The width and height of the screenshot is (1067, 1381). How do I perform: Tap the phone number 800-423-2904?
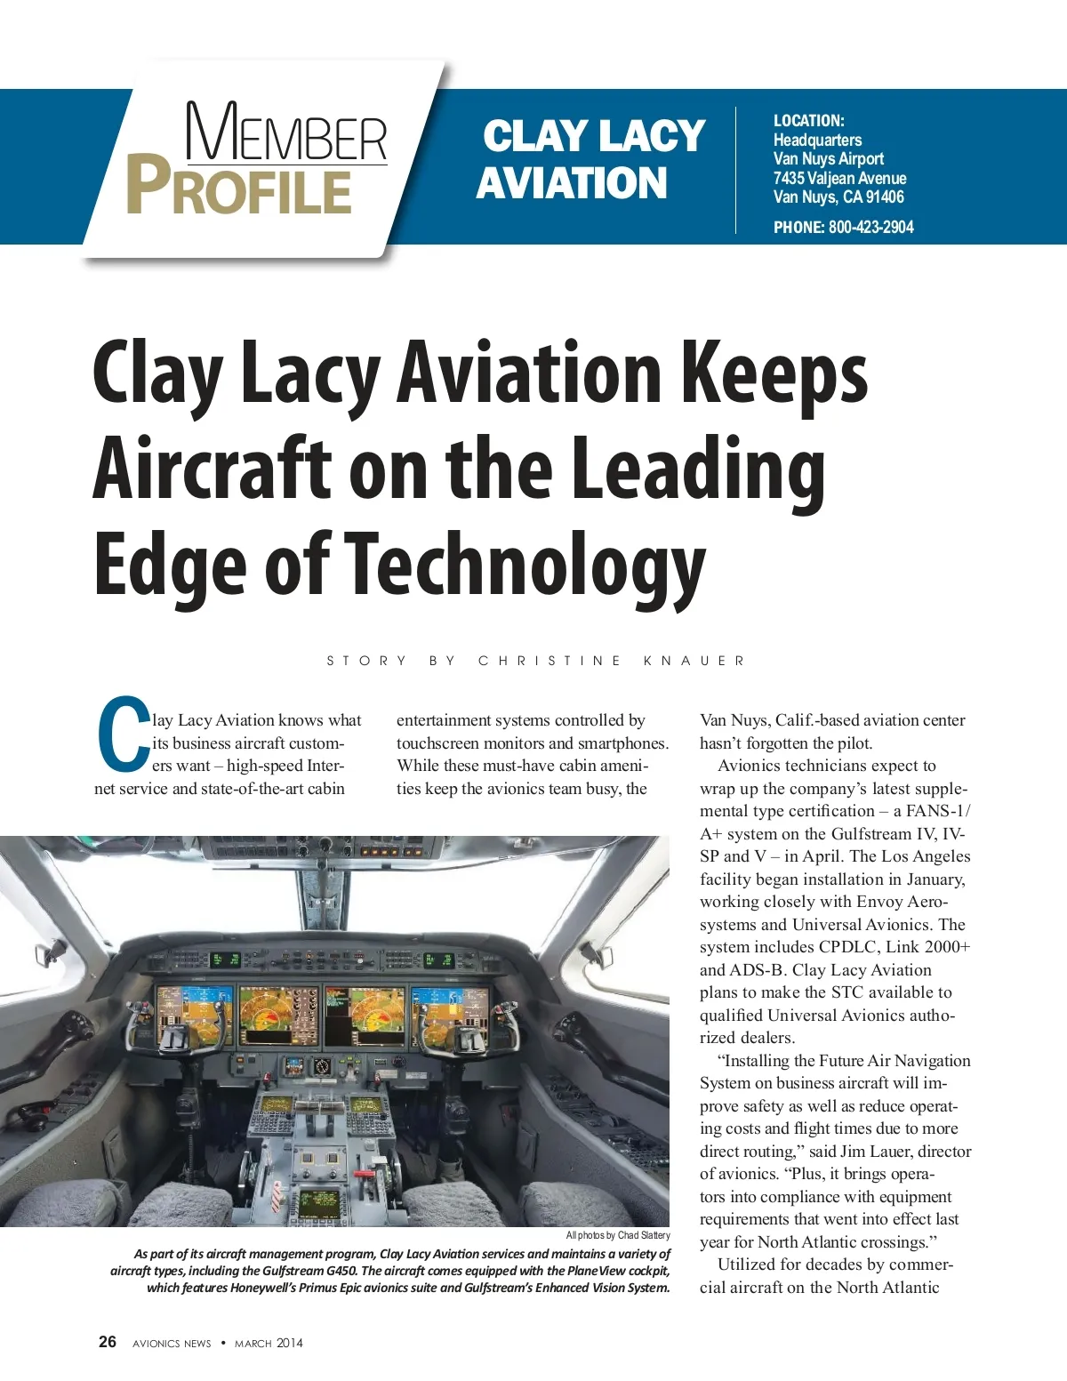pyautogui.click(x=870, y=228)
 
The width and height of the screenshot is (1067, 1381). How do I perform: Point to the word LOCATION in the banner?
pyautogui.click(x=807, y=121)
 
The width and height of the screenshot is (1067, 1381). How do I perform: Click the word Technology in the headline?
pyautogui.click(x=525, y=566)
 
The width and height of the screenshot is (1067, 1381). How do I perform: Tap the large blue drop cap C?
pyautogui.click(x=123, y=734)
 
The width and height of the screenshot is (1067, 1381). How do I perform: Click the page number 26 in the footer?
pyautogui.click(x=108, y=1342)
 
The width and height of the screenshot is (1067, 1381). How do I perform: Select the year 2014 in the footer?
pyautogui.click(x=289, y=1343)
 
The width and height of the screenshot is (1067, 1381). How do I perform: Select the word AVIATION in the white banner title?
pyautogui.click(x=572, y=183)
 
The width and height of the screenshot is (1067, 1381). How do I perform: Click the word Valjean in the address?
pyautogui.click(x=831, y=178)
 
